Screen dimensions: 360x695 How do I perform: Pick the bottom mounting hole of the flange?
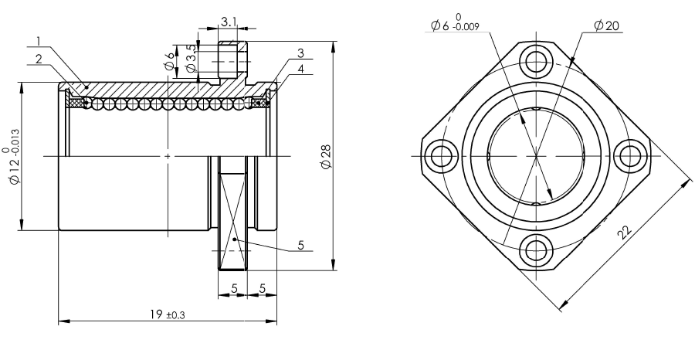point(536,250)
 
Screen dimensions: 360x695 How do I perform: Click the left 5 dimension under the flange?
point(232,288)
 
